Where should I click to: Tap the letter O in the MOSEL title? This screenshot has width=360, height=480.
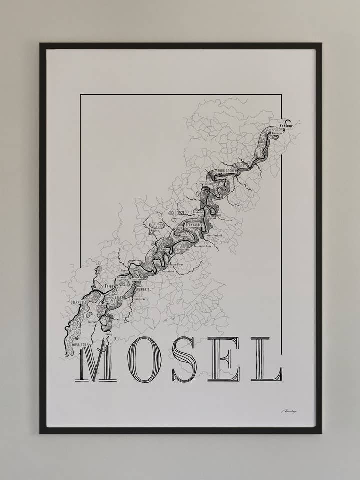143,360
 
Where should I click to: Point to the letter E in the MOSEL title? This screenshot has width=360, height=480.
224,360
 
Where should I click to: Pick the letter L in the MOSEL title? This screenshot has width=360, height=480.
267,360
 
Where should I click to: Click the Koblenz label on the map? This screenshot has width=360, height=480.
286,126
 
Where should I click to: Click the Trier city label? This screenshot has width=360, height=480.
109,286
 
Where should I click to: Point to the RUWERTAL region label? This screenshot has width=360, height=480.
143,289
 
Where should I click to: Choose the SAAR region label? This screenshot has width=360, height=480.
118,297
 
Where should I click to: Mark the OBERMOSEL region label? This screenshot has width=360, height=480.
80,301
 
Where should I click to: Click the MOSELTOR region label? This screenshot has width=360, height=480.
80,344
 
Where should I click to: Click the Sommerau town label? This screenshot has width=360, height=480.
140,299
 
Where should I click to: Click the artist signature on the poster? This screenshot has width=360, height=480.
289,411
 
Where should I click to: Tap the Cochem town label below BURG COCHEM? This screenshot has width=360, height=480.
209,184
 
